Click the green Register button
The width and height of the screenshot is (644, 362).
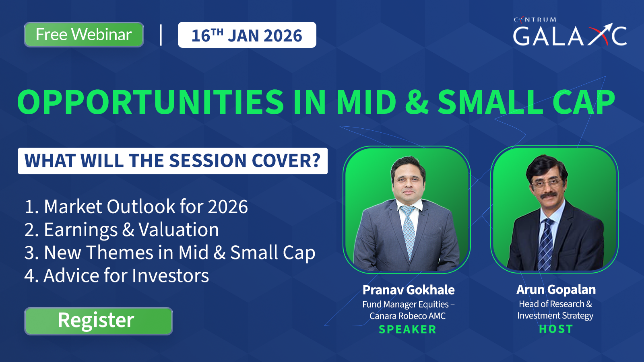click(x=98, y=321)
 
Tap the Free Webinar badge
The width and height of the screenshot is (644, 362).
click(x=84, y=35)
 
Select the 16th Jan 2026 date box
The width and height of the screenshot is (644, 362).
click(x=247, y=35)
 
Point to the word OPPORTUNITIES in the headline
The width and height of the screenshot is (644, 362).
click(x=151, y=102)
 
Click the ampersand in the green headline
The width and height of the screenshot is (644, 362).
click(x=417, y=102)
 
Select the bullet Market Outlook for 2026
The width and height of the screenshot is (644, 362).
click(x=136, y=206)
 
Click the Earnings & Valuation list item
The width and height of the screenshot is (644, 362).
click(x=122, y=230)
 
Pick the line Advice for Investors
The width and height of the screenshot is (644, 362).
click(x=116, y=276)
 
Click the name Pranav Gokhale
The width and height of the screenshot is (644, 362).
click(x=408, y=290)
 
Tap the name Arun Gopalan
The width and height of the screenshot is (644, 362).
click(x=556, y=290)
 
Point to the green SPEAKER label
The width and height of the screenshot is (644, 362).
click(x=407, y=329)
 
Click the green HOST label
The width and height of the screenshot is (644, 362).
click(x=556, y=329)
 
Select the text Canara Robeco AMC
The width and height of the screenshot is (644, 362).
click(x=407, y=316)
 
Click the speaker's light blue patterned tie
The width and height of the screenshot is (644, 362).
click(x=409, y=230)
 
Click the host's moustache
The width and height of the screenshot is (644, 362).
click(x=549, y=195)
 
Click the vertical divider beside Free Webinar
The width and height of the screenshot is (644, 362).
click(x=161, y=35)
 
